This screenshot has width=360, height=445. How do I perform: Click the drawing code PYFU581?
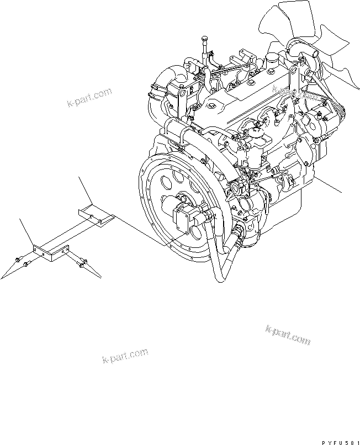click(341, 442)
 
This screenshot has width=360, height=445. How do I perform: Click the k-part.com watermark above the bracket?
click(89, 97)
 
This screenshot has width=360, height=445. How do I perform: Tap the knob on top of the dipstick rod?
click(204, 39)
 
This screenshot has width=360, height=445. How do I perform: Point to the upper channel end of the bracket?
click(96, 215)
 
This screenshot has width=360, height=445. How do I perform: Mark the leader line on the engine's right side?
click(328, 184)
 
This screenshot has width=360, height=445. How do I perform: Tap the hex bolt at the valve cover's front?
click(211, 106)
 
